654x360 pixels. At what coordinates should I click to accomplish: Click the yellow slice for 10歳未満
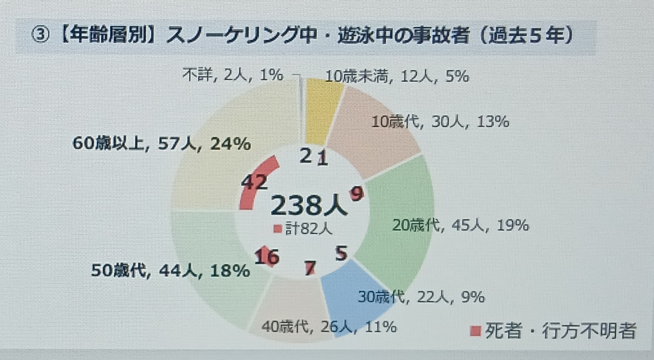[323, 111]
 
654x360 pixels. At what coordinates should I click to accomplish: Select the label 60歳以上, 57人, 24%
[161, 145]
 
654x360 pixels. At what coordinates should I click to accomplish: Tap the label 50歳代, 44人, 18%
[170, 270]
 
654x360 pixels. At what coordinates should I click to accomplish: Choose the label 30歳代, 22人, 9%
[421, 296]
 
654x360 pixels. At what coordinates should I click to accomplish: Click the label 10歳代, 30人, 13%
[441, 122]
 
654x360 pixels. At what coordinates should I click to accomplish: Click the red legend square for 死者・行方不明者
[475, 331]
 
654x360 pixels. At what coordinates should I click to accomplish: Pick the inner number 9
[356, 193]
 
